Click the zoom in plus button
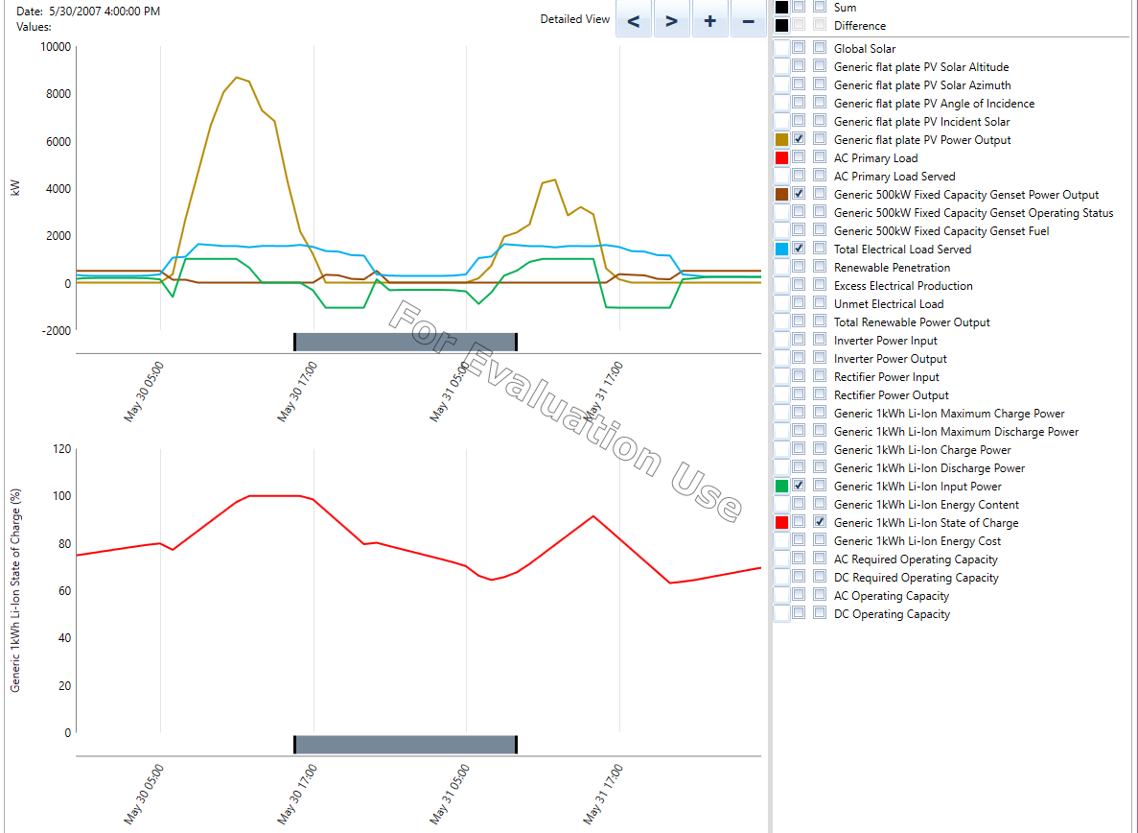point(709,20)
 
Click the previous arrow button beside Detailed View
point(634,20)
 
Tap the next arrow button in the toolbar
point(671,20)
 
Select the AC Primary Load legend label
point(875,158)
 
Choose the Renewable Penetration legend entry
point(892,268)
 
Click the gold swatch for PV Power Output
point(781,140)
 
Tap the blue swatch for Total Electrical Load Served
point(781,250)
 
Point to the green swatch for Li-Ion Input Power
point(781,487)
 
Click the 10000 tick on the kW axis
point(54,47)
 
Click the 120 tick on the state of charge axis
point(62,449)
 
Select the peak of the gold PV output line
point(237,77)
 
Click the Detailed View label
point(574,19)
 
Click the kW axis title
point(14,188)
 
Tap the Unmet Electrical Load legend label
point(889,304)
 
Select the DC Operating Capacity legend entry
point(892,614)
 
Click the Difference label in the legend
point(860,26)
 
